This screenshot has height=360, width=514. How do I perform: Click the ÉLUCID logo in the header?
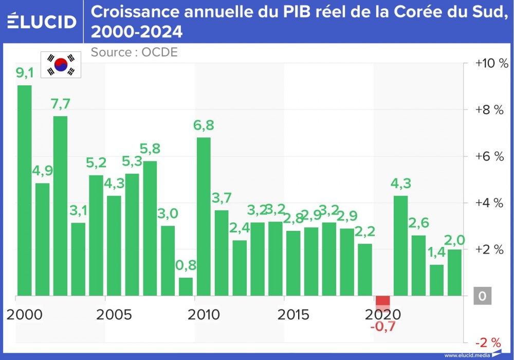coord(42,22)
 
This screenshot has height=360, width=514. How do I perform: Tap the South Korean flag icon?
coord(61,65)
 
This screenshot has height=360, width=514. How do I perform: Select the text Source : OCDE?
coord(134,52)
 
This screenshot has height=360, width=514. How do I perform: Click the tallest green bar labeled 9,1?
coord(25,190)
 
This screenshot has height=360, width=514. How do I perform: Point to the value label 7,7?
coord(61,104)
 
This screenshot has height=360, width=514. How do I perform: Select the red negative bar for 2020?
coord(382,301)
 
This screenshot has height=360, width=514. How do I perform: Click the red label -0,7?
coord(382,326)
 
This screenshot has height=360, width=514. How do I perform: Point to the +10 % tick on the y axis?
coord(491,63)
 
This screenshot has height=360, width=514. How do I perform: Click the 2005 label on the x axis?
coord(114,314)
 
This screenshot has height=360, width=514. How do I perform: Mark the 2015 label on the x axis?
coord(293,314)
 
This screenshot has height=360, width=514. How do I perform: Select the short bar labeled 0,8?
coord(186,286)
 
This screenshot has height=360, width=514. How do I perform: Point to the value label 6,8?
coord(204,125)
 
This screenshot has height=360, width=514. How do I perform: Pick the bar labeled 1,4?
coord(436,280)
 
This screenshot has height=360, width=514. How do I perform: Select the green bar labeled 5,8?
coord(150,228)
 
